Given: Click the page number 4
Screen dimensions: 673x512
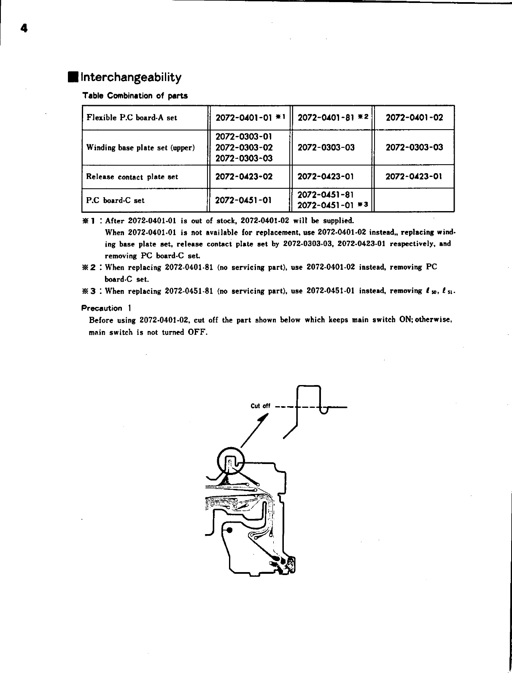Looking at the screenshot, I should click(24, 28).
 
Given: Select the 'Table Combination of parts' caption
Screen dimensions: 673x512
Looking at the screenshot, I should click(135, 95).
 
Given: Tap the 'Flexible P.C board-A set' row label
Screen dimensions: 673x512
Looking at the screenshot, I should click(132, 117).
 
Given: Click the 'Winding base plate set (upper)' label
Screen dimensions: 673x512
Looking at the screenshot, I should click(140, 147).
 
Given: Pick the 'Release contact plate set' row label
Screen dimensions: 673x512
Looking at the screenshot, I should click(132, 176).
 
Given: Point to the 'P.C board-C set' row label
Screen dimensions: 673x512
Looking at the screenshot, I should click(115, 200).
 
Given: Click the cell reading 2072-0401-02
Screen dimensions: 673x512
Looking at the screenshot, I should click(414, 117).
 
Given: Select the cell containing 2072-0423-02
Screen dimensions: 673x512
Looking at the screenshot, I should click(244, 176).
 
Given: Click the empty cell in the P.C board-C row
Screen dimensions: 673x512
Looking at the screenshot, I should click(414, 200).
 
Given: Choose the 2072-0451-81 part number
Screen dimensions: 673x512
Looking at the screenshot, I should click(326, 195).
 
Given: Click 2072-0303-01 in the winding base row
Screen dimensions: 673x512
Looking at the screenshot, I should click(244, 136).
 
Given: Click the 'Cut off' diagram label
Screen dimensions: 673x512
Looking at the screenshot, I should click(260, 406).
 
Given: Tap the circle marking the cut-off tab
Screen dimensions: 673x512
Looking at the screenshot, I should click(231, 461).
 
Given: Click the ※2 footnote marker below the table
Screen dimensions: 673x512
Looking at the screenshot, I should click(93, 267).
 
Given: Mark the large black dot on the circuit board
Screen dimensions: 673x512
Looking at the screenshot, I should click(229, 530).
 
